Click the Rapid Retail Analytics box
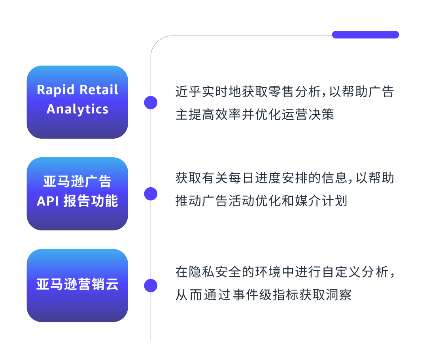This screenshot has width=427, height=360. click(x=77, y=102)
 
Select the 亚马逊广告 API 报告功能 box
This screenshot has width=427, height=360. click(x=77, y=194)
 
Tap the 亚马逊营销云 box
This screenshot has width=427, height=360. click(x=77, y=285)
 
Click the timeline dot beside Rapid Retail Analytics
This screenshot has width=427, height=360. click(x=150, y=102)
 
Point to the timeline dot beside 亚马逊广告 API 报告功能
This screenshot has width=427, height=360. click(x=150, y=194)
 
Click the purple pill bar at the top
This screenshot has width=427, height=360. click(x=365, y=35)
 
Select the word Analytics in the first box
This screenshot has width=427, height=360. click(x=77, y=109)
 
